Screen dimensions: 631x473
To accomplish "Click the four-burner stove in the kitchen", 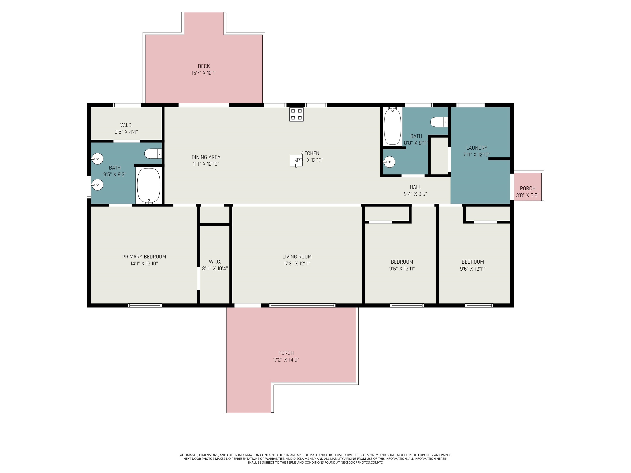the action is pos(296,114).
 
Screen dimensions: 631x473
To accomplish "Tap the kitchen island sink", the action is pos(296,161).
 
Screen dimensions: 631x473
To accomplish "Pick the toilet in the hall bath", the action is pos(439,122).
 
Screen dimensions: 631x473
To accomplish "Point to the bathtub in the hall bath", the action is pos(393,126).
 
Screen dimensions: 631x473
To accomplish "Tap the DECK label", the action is pos(204,66).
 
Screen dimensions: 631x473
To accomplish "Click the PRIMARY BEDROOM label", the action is pos(144,257).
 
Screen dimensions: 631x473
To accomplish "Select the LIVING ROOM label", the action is pos(297,257).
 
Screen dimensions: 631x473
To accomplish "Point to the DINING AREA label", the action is pos(206,157).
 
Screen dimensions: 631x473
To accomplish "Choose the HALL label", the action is pos(415,187).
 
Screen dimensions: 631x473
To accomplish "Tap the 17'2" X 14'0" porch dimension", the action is pos(286,360).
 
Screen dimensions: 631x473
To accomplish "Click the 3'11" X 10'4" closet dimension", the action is pos(215,269).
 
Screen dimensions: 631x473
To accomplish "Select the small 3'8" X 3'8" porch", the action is pos(527,186).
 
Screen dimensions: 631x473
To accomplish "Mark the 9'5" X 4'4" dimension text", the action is pos(126,132).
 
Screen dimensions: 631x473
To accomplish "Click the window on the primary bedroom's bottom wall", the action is pos(145,305).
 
